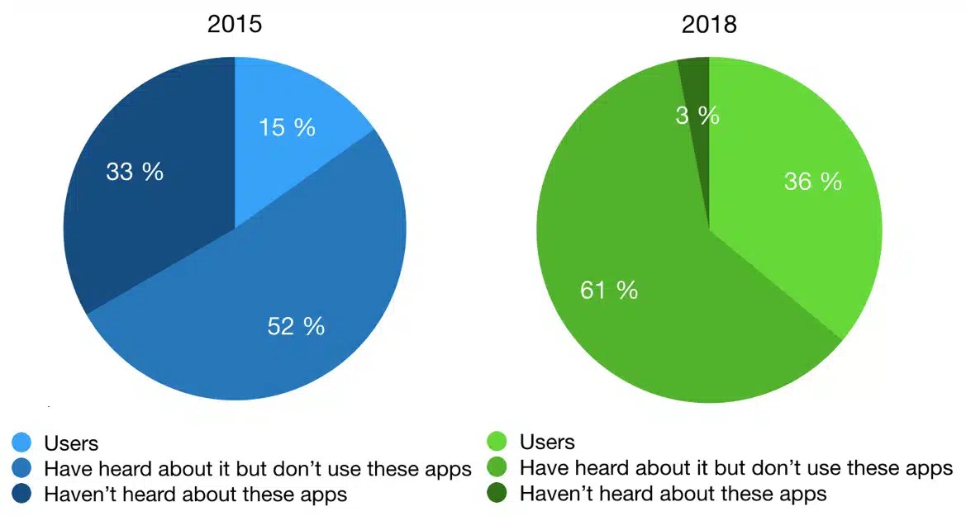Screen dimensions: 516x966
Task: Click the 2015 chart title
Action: pos(235,25)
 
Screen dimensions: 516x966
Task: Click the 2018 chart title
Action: pos(709,25)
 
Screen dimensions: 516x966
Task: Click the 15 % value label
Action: pos(287,128)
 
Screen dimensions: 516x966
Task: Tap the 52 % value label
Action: pos(296,326)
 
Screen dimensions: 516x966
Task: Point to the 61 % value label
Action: pos(609,291)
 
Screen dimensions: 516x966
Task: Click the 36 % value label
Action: pos(813,182)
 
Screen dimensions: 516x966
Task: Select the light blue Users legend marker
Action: pos(23,443)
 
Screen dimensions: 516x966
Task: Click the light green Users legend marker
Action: pos(499,443)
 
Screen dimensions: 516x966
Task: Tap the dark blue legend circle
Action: pos(23,495)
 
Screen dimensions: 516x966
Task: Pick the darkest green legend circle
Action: pos(499,495)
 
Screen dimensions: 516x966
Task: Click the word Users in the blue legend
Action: pos(71,443)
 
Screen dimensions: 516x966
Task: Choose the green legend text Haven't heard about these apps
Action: pos(673,495)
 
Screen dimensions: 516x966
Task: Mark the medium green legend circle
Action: pos(499,469)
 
